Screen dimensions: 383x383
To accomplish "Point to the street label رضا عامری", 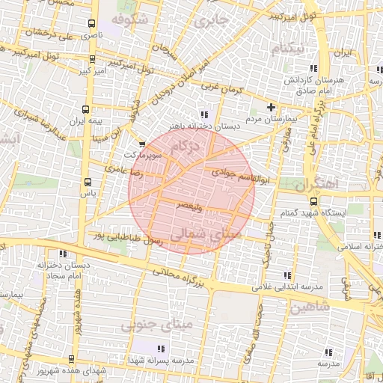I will (x=120, y=171).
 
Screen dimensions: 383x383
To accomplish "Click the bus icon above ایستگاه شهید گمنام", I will (x=313, y=200).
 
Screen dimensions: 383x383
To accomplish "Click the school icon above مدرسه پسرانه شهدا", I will (x=160, y=348).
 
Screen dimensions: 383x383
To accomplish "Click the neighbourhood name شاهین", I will (x=309, y=307).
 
